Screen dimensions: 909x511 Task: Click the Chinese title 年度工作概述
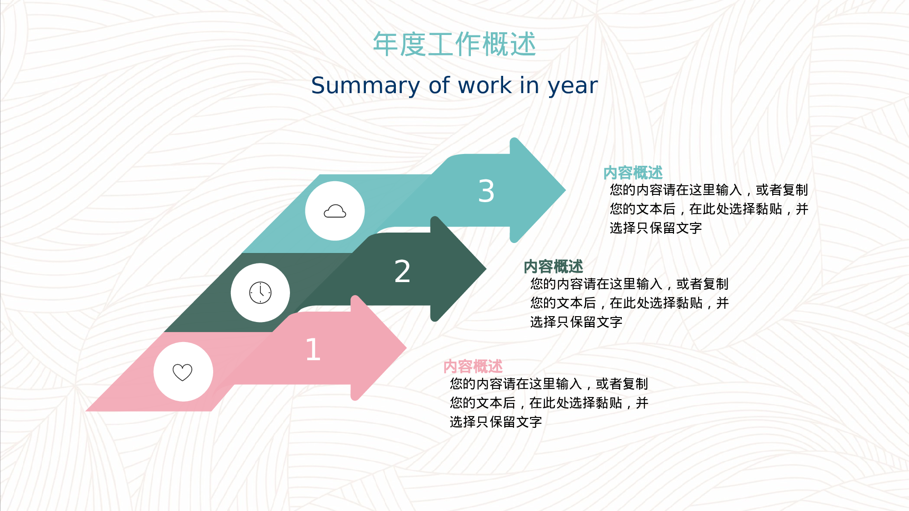click(454, 44)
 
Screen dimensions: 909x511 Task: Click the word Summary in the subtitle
click(365, 86)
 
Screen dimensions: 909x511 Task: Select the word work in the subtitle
click(484, 85)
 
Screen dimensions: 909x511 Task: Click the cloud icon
click(335, 211)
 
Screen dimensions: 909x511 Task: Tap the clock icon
click(260, 293)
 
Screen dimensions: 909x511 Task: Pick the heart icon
click(183, 372)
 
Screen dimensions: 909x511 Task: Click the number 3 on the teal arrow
click(486, 191)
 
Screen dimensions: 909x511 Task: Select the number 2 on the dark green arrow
click(402, 272)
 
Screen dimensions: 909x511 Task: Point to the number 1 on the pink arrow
click(313, 349)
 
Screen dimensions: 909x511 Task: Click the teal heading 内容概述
click(633, 173)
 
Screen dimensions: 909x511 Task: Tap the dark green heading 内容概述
click(553, 267)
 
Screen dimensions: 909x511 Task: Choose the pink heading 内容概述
click(473, 367)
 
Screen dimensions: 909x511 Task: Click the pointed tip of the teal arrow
click(565, 190)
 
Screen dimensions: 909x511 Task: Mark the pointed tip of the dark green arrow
click(486, 269)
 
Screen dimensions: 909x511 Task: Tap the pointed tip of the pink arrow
click(406, 348)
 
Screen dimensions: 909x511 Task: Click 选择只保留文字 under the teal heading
click(656, 228)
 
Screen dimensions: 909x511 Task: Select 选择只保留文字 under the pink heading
click(496, 422)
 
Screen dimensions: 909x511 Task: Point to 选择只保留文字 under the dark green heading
click(576, 322)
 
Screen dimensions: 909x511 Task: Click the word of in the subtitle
click(439, 85)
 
